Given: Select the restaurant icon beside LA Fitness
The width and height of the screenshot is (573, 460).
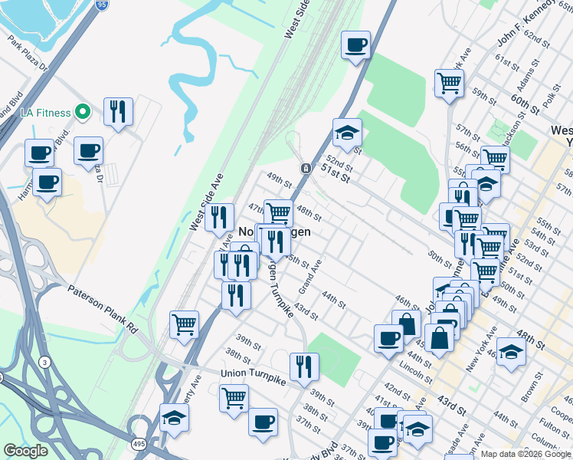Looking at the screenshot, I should pos(118,112).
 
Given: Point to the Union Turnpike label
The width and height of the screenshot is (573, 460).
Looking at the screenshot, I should pos(253,373).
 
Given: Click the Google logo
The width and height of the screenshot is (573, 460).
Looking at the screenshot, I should pos(25,451).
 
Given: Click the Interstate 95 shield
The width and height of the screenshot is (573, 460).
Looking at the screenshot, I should pos(103,5).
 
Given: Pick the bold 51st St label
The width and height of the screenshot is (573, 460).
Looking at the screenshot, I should pos(336,172).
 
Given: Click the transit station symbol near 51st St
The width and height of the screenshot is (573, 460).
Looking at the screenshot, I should pos(305,168).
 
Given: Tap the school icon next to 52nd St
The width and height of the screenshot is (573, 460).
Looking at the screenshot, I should pos(347,133).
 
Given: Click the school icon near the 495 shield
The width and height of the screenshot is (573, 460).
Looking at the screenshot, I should pos(175,419).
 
